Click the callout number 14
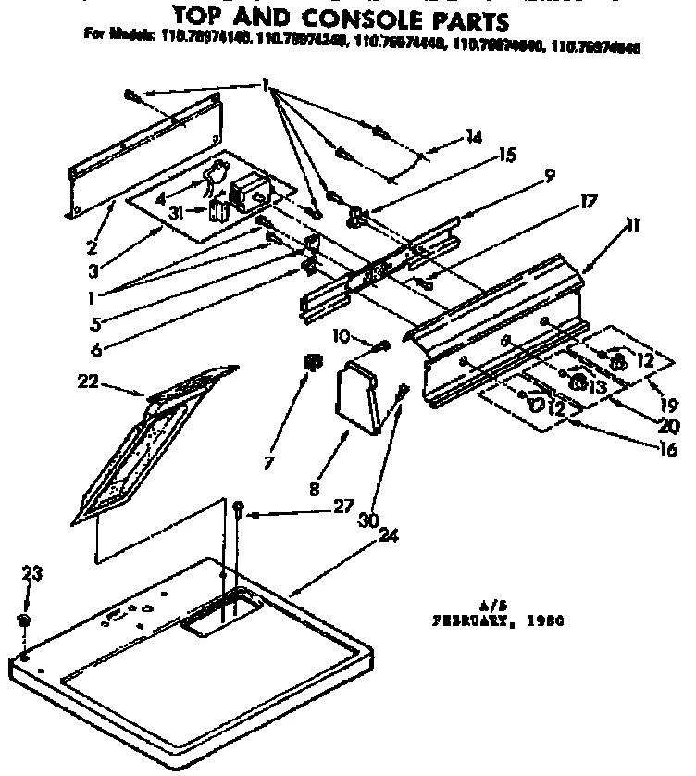[474, 137]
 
